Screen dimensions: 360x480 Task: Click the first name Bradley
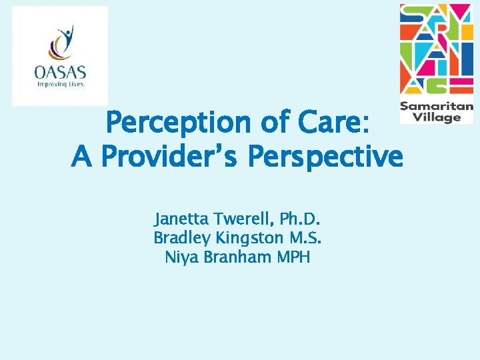tap(179, 238)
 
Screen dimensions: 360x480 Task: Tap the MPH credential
tap(293, 257)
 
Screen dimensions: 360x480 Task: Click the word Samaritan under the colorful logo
tap(437, 106)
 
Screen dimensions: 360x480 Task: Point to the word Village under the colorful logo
tap(437, 117)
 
